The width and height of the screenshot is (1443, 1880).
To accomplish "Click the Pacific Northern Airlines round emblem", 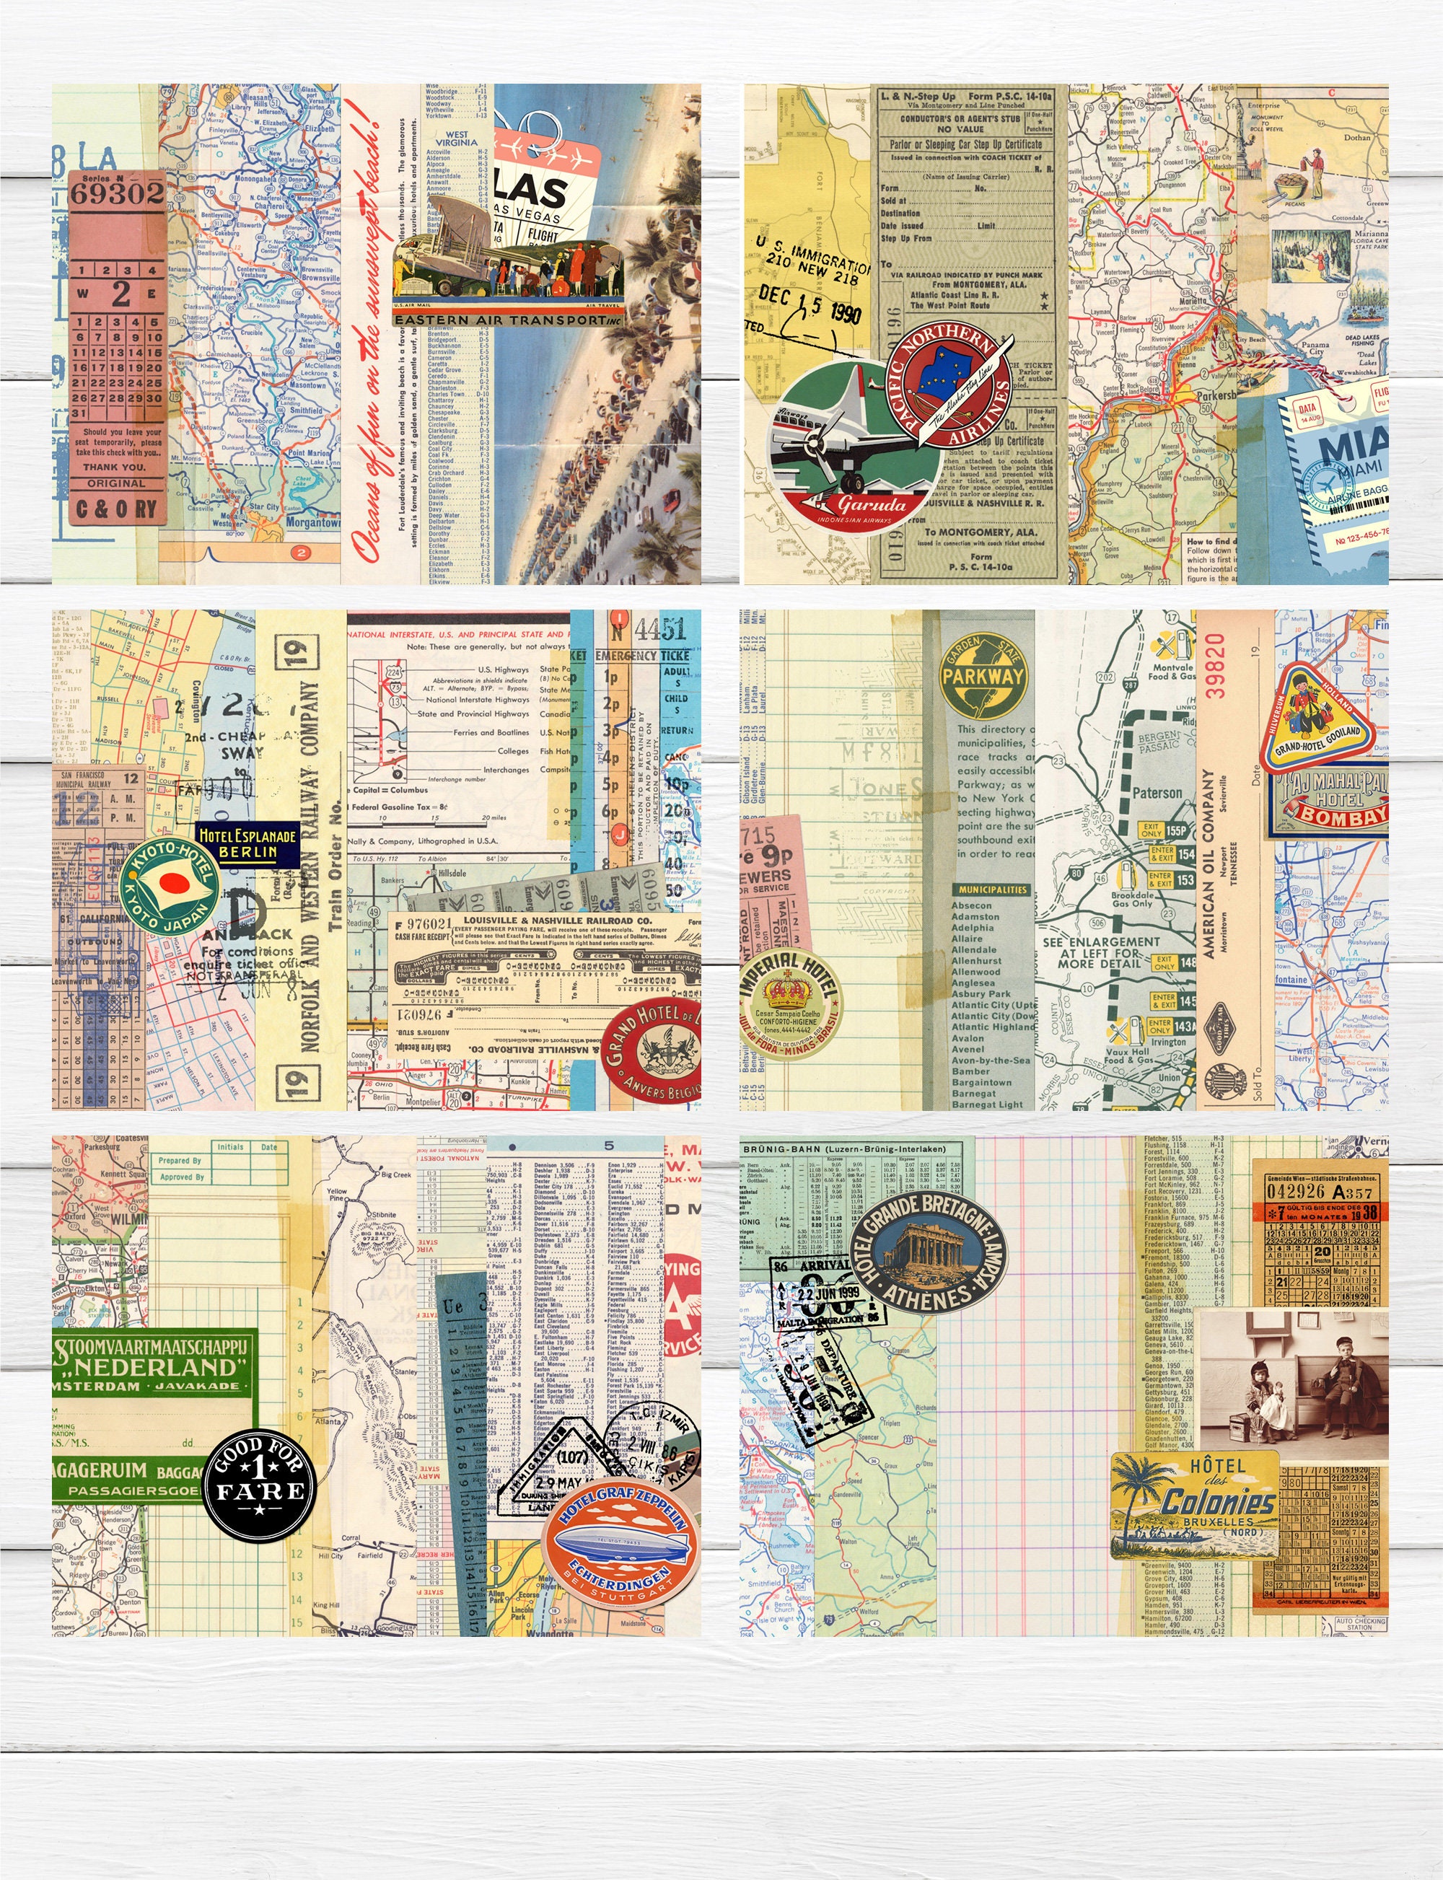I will tap(948, 386).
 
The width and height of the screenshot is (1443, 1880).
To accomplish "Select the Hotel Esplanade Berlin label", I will tap(247, 843).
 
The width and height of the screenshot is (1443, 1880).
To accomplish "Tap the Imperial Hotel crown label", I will tap(789, 1004).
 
